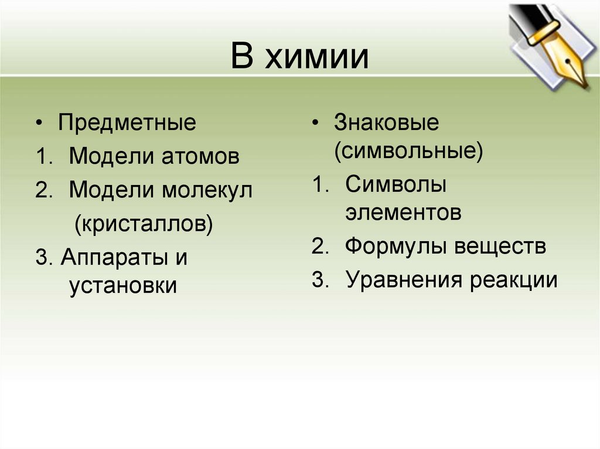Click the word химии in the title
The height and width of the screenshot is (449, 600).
click(317, 59)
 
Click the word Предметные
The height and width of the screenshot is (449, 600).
click(127, 124)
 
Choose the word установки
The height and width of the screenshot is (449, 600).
click(123, 286)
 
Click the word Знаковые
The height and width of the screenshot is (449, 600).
click(386, 124)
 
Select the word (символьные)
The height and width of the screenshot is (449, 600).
click(408, 152)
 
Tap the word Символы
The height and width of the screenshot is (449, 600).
click(396, 185)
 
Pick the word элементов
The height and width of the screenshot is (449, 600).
click(403, 213)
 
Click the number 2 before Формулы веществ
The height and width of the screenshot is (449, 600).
click(318, 246)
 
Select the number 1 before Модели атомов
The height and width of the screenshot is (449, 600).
click(40, 156)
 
